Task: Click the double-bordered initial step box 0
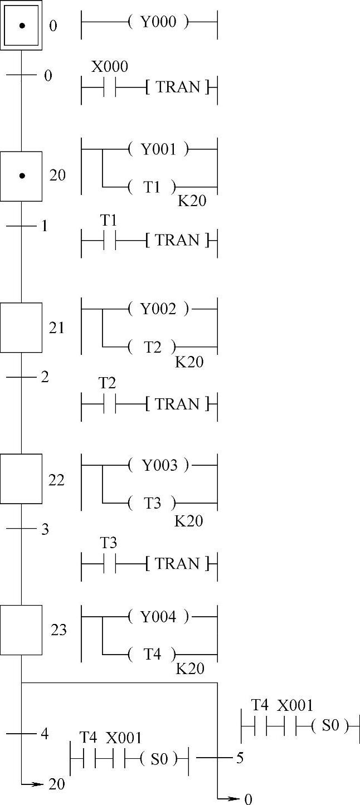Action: point(21,25)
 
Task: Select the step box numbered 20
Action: point(21,176)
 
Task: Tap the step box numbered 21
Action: point(21,328)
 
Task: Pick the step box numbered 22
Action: point(21,479)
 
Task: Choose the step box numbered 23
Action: point(21,630)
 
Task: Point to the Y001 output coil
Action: point(158,149)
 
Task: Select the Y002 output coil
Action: point(158,309)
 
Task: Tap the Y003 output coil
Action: point(158,465)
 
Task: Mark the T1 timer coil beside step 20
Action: point(152,187)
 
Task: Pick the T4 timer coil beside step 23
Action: point(152,654)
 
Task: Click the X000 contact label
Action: point(109,67)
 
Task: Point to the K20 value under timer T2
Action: point(189,362)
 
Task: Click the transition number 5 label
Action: point(240,758)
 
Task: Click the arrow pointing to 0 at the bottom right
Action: point(231,799)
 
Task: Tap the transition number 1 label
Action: point(45,226)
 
